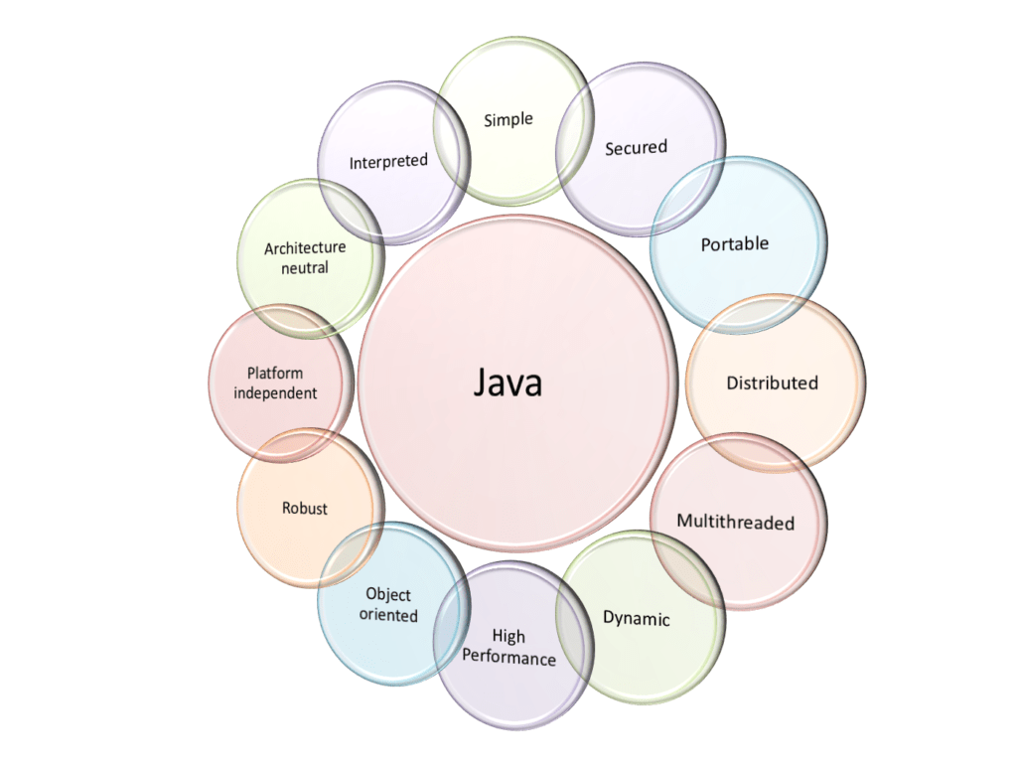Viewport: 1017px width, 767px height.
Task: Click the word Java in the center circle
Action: click(x=508, y=382)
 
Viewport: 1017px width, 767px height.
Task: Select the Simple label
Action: click(x=508, y=120)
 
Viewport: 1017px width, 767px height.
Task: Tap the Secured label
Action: click(x=637, y=147)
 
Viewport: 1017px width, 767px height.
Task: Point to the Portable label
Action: click(x=735, y=243)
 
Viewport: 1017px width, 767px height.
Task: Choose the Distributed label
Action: click(x=772, y=383)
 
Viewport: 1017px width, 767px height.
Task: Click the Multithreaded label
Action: click(x=736, y=522)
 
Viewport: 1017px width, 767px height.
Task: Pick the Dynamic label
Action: click(x=637, y=618)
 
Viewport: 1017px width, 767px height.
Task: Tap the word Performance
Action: click(x=509, y=658)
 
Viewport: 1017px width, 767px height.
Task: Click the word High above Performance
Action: click(x=508, y=637)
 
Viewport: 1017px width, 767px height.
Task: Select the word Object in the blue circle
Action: click(x=388, y=594)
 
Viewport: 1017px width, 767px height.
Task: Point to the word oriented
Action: click(x=388, y=615)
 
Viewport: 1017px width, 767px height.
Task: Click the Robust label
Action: click(x=305, y=509)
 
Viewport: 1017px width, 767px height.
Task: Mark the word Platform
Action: click(x=275, y=374)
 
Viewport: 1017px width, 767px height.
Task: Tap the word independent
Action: click(x=275, y=392)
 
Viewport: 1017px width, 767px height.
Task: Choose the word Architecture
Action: click(x=305, y=248)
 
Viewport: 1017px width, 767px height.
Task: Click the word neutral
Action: click(x=305, y=267)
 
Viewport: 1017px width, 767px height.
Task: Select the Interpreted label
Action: click(x=388, y=161)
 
